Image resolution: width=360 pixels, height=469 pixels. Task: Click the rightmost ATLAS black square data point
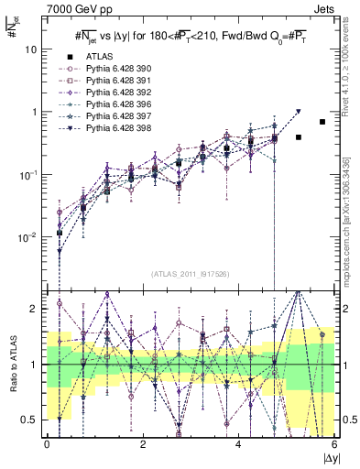[322, 122]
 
